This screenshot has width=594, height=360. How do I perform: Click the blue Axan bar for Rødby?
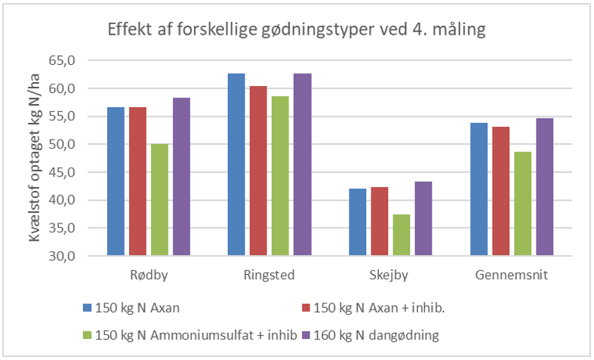pyautogui.click(x=115, y=181)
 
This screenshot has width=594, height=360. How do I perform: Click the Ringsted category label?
pyautogui.click(x=269, y=275)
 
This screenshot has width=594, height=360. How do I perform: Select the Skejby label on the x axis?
pyautogui.click(x=390, y=275)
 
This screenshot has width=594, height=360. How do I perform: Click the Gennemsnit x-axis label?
pyautogui.click(x=512, y=275)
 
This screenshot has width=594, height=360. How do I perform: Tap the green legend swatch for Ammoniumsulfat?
pyautogui.click(x=86, y=334)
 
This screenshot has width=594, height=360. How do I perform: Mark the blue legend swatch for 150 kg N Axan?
pyautogui.click(x=86, y=307)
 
